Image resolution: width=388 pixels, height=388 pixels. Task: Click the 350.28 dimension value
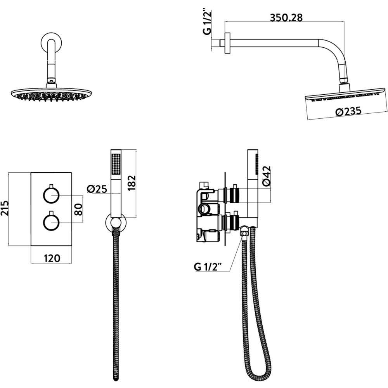(x=286, y=18)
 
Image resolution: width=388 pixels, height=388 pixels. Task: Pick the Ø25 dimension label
(x=97, y=189)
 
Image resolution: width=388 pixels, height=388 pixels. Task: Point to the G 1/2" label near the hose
(x=207, y=267)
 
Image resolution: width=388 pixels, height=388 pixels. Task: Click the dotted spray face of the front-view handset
(x=116, y=165)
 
